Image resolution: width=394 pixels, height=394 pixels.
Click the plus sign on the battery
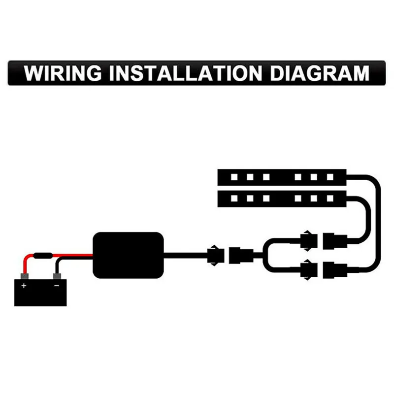24,285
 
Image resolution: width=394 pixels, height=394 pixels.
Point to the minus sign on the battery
57,285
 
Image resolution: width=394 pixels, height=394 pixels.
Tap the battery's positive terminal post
24,276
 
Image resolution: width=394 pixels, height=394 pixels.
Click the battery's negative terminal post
57,276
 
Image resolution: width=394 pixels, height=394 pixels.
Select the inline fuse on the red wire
44,257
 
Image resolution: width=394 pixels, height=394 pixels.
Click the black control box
128,254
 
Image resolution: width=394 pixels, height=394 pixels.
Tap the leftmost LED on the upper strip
234,176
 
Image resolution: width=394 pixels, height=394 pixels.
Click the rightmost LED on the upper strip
329,176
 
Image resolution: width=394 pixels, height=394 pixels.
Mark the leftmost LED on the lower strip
234,199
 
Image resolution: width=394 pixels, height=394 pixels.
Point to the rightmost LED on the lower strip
329,199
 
